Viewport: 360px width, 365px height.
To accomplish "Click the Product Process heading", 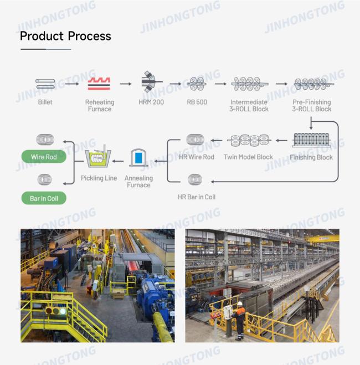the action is pyautogui.click(x=65, y=36).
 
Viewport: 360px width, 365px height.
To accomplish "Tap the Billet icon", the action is pyautogui.click(x=45, y=84).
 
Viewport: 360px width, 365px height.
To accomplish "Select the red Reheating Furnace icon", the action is pyautogui.click(x=99, y=84).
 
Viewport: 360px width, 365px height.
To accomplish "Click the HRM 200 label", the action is pyautogui.click(x=151, y=102).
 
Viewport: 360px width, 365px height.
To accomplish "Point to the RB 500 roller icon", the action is pyautogui.click(x=197, y=84).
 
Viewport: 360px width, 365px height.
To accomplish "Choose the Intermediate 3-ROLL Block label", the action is pyautogui.click(x=249, y=105).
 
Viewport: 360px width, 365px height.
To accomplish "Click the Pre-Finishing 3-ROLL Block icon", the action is pyautogui.click(x=313, y=84).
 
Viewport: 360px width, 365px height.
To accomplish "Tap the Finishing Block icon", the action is pyautogui.click(x=312, y=140).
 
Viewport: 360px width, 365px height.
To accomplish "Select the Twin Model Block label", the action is pyautogui.click(x=248, y=157).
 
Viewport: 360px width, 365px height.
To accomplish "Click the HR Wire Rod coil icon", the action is pyautogui.click(x=196, y=140).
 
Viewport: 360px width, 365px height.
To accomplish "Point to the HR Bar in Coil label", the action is pyautogui.click(x=197, y=197).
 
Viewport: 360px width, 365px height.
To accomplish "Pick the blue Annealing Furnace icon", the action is pyautogui.click(x=138, y=158).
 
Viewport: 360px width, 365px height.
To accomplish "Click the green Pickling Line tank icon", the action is pyautogui.click(x=98, y=156).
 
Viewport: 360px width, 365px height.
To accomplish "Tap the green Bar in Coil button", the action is pyautogui.click(x=44, y=198).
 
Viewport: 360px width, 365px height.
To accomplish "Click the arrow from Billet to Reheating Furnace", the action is pyautogui.click(x=72, y=84).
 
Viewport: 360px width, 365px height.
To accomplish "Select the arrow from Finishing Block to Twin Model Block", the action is pyautogui.click(x=281, y=140).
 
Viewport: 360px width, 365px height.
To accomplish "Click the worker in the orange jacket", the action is pyautogui.click(x=239, y=320).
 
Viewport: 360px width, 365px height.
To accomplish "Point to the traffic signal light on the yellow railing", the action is pyautogui.click(x=55, y=310).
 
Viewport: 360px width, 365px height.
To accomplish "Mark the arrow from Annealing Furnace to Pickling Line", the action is pyautogui.click(x=118, y=161).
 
